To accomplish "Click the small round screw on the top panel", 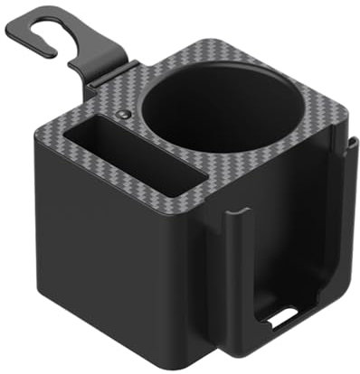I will (124, 117).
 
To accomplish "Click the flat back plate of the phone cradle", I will (289, 244).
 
